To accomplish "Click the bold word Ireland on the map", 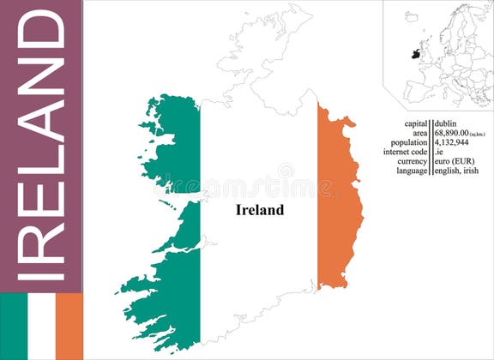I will pos(259,210).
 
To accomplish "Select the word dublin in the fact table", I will pos(446,124).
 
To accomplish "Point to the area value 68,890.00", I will pos(453,134).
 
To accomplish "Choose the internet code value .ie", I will pos(438,153).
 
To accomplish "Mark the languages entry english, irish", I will pos(456,171).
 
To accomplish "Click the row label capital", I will pos(416,124).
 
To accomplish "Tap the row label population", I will pos(409,143).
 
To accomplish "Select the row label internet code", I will pos(406,153).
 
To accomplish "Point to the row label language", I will pos(413,171).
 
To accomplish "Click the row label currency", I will pos(413,161).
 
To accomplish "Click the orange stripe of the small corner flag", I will pos(69,327).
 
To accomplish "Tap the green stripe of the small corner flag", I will pos(14,327).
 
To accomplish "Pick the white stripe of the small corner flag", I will pos(41,327).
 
